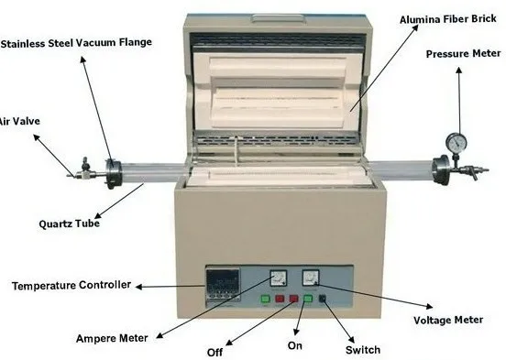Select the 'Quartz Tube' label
tap(70, 221)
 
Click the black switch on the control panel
tap(322, 299)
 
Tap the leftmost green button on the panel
tap(266, 299)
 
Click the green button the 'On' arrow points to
tap(308, 299)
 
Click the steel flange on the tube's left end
tap(113, 170)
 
